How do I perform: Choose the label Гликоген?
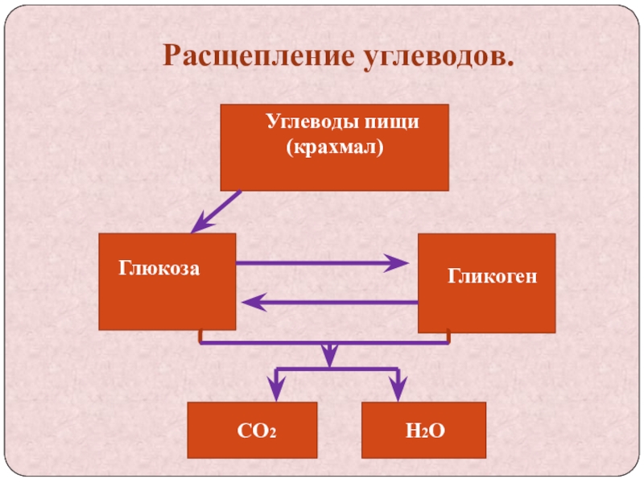coord(492,277)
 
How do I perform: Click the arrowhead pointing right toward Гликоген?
coord(399,263)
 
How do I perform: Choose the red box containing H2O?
coord(424,431)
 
